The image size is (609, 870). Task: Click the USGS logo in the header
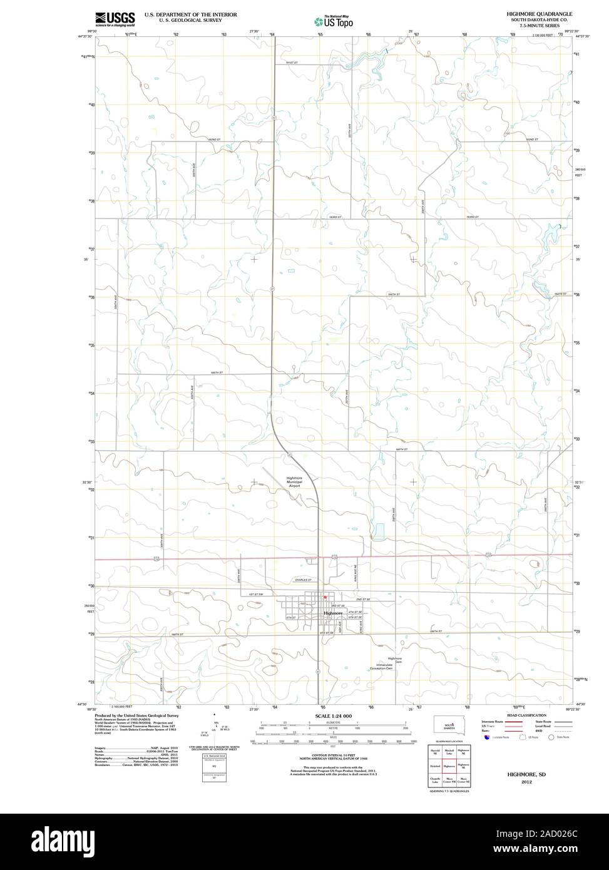(x=115, y=19)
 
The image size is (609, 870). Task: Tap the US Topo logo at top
(x=334, y=21)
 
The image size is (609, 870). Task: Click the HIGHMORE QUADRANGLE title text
(x=536, y=13)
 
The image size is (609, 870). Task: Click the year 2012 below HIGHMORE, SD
(x=526, y=782)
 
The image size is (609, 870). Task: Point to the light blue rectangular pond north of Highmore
(x=379, y=531)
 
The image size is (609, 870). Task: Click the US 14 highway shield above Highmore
(x=335, y=556)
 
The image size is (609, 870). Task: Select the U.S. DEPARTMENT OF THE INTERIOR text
(x=190, y=13)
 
